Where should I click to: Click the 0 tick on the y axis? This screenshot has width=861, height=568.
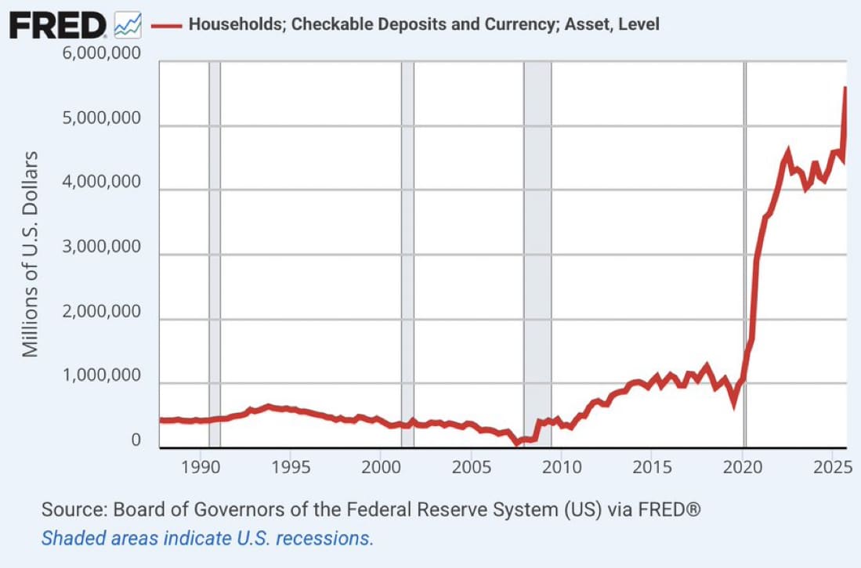(x=136, y=441)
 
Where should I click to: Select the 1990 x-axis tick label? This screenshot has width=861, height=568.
(x=202, y=468)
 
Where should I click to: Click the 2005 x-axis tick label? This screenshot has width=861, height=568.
(x=472, y=468)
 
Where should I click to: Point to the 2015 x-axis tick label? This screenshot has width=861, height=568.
(x=652, y=468)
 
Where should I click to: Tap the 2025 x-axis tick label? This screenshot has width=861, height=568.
(x=830, y=468)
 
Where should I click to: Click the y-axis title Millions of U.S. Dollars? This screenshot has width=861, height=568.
(x=30, y=251)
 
